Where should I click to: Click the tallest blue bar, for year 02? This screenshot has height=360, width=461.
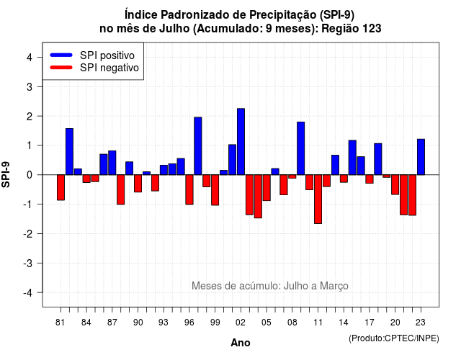[x=241, y=142]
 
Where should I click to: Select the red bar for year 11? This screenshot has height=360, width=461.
[x=318, y=199]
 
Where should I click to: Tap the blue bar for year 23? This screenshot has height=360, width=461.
[x=421, y=157]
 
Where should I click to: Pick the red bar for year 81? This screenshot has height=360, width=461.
[x=61, y=187]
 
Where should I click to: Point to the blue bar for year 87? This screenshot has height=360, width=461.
[x=112, y=163]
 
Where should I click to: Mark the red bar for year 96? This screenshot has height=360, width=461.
[x=189, y=189]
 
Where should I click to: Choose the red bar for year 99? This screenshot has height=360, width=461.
[x=215, y=190]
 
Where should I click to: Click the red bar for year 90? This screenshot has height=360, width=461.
[x=138, y=184]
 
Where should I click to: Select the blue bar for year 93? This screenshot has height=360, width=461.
[x=164, y=170]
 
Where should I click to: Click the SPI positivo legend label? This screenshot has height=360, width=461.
[x=107, y=55]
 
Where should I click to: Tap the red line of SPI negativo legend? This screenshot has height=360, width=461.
[x=61, y=67]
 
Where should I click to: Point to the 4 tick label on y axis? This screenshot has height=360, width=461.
[x=30, y=58]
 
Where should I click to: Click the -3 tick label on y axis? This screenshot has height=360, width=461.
[x=28, y=264]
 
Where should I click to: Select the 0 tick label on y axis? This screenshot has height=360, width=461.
[x=30, y=175]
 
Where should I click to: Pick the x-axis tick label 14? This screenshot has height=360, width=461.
[x=344, y=323]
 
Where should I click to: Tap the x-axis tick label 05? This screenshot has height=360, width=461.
[x=266, y=323]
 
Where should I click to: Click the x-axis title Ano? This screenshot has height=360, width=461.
[x=241, y=343]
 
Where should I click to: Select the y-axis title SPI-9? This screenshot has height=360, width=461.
[x=6, y=174]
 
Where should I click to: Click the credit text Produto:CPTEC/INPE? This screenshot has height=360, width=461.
[x=394, y=338]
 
